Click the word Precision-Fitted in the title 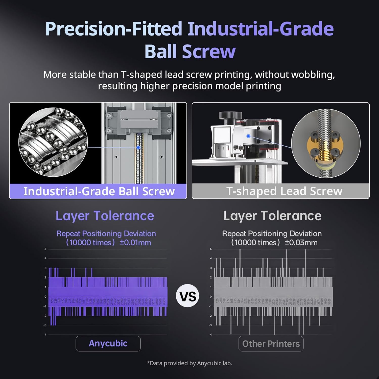[113, 29]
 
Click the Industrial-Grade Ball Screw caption [99, 191]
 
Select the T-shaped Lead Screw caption [284, 191]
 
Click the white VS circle [187, 296]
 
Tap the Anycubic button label [108, 343]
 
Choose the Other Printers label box [271, 344]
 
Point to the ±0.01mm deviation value [135, 243]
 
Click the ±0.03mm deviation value [301, 243]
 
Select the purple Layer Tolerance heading [105, 216]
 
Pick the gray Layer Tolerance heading [272, 216]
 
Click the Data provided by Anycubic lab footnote [189, 363]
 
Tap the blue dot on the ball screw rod [138, 147]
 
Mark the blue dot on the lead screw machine [248, 136]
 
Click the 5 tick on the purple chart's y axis [45, 249]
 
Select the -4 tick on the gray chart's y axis [210, 335]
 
